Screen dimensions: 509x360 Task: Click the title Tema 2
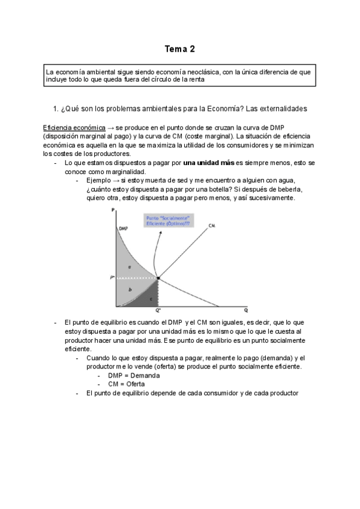coord(179,49)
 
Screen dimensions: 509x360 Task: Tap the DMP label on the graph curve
coord(123,229)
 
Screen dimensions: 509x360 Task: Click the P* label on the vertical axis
coord(112,278)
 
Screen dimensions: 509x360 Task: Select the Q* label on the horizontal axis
coord(157,310)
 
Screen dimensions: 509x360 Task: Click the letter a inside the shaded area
coord(130,266)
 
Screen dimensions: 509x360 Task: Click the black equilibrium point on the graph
coord(157,278)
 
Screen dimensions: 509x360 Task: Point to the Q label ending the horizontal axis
coord(245,310)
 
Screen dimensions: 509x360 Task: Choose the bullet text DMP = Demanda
coord(125,375)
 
